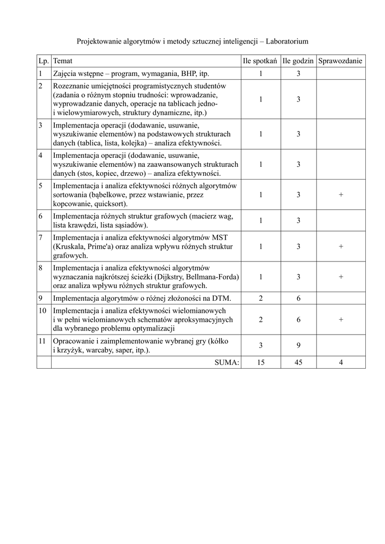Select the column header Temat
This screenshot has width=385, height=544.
63,61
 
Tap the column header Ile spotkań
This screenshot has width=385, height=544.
260,61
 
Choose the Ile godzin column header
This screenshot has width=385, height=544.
298,61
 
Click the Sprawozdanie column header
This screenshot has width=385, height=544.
340,61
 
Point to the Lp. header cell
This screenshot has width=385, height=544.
44,61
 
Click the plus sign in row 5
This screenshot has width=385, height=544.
340,195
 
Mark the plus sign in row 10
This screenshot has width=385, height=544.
340,320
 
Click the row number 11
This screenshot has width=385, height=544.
42,341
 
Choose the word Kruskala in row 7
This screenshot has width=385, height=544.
68,246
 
